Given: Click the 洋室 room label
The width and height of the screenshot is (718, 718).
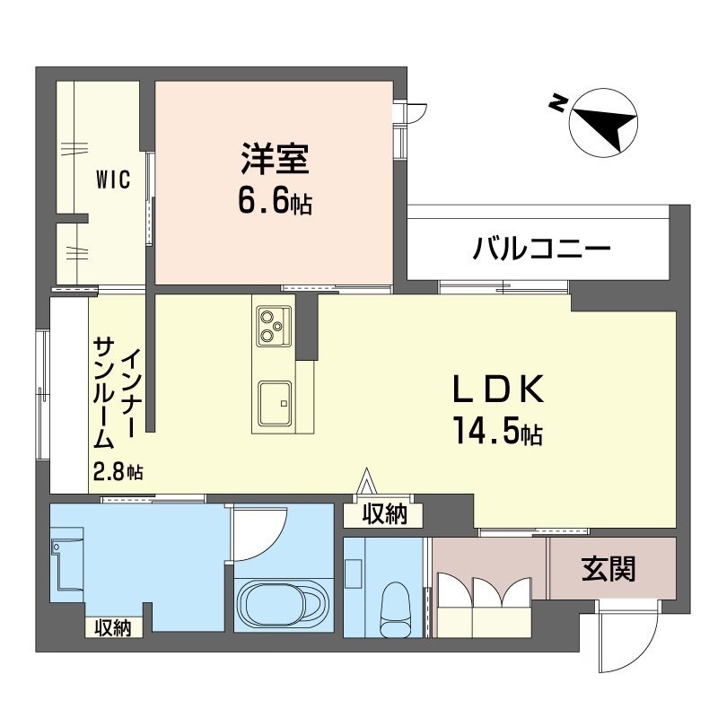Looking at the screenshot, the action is click(276, 159).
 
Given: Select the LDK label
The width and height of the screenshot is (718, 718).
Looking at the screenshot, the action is click(498, 390).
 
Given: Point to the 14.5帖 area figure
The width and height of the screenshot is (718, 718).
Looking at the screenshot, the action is click(498, 431).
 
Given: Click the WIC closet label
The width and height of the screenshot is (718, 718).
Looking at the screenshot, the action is click(113, 179).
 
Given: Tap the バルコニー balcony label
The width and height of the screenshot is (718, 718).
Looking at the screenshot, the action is click(542, 249).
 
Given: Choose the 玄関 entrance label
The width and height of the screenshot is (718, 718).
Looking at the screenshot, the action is click(609, 569).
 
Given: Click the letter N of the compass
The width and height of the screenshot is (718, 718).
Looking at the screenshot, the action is click(556, 103).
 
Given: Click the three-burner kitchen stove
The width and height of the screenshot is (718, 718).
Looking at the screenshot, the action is click(274, 326).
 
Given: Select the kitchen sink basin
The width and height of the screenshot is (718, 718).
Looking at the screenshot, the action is click(275, 403).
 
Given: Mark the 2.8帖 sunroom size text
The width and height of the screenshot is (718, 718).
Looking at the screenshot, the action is click(118, 472).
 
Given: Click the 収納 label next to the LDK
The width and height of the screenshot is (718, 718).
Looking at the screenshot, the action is click(385, 514).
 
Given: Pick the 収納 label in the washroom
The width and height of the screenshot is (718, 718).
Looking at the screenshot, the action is click(113, 627).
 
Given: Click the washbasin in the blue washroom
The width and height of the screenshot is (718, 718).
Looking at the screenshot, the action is click(66, 559).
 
